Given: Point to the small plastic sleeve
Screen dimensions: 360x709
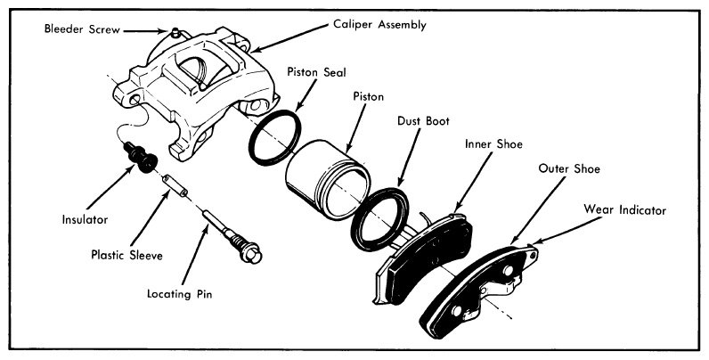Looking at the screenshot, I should tap(176, 189).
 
